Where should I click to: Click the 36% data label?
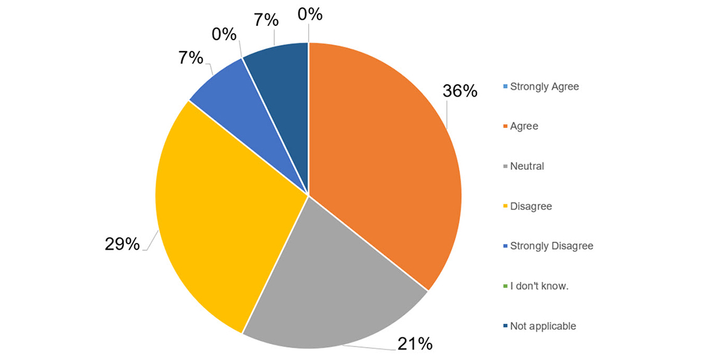(460, 91)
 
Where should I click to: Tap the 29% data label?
(123, 244)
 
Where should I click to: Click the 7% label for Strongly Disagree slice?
(191, 58)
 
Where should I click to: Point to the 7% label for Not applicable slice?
(266, 20)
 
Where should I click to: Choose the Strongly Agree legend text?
(545, 87)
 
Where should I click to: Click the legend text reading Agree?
(524, 126)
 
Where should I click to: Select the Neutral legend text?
(527, 166)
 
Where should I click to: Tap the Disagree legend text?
(531, 206)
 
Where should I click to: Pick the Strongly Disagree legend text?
(551, 246)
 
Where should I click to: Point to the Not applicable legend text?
(543, 326)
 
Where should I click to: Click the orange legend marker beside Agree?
(505, 127)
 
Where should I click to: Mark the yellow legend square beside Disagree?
(505, 207)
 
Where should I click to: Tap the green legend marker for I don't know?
(505, 287)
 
